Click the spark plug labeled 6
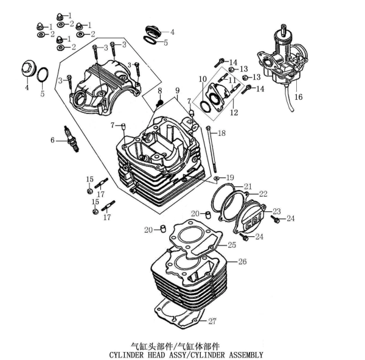tap(71, 139)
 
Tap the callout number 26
tap(242, 261)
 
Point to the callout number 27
tap(212, 321)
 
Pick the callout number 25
tap(232, 245)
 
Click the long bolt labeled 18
tap(212, 149)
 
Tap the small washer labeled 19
tap(216, 178)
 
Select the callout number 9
tap(178, 91)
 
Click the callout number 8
tap(159, 91)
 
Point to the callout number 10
tap(203, 79)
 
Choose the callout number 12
tap(234, 112)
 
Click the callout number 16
tap(299, 97)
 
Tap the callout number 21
tap(248, 186)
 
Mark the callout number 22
tap(263, 194)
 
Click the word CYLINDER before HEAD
tap(126, 355)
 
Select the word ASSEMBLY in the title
tap(246, 355)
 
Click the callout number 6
tap(52, 140)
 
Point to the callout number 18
tap(221, 133)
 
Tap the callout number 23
tap(277, 211)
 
